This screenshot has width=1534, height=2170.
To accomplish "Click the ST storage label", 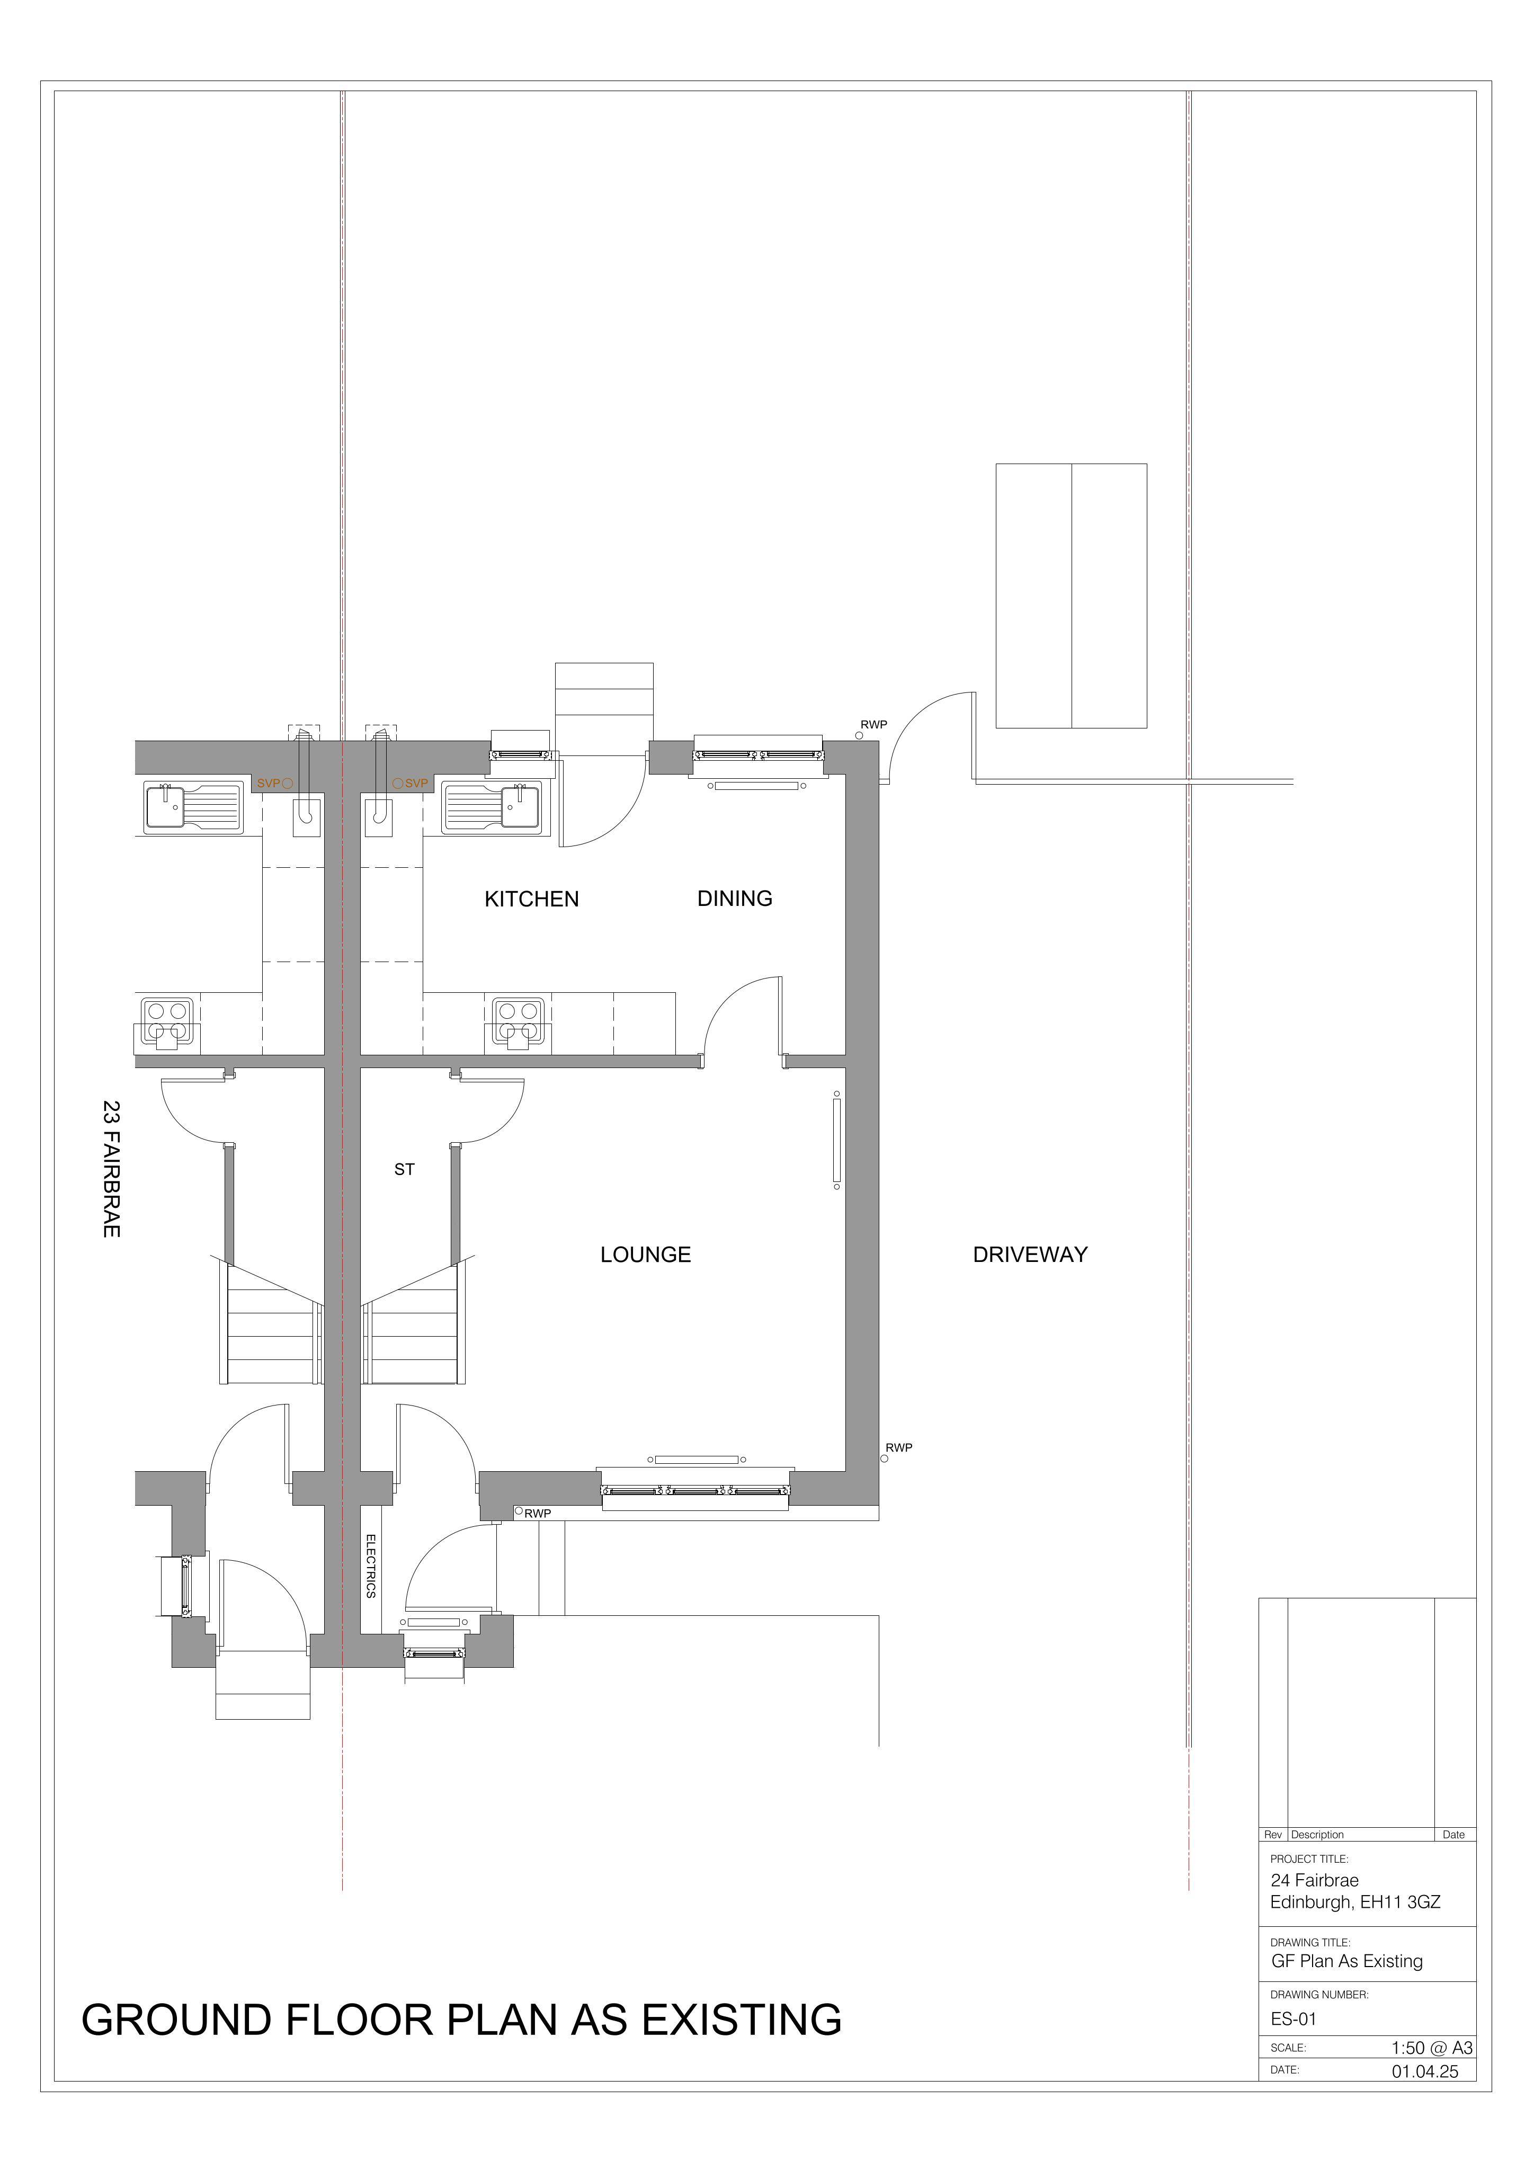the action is (x=405, y=1169).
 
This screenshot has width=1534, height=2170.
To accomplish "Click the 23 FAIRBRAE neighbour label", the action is (x=112, y=1168).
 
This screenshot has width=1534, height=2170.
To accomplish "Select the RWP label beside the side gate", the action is (x=873, y=725).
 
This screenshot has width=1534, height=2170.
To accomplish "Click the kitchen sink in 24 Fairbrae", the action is (x=492, y=807).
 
